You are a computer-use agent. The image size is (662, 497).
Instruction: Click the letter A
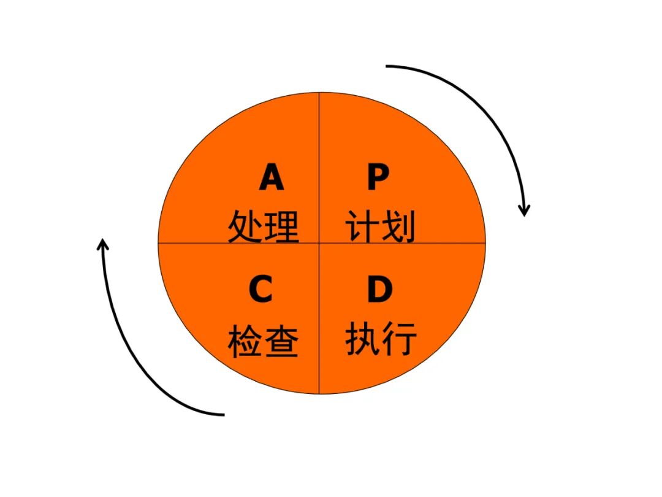272,179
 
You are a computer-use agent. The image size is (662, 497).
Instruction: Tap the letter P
378,179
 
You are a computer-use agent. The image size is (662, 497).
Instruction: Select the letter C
261,290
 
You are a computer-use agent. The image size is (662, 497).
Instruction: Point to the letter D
379,290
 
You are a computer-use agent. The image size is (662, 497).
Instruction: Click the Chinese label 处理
264,226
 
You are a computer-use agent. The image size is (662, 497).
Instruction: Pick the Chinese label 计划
381,226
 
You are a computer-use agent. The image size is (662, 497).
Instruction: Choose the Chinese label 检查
264,341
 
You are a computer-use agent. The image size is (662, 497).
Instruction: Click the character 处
246,226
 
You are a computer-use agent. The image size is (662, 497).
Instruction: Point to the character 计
362,226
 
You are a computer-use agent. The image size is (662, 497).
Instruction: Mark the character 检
246,341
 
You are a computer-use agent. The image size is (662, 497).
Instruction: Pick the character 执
363,339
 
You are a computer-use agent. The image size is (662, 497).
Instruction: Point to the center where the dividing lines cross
319,242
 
